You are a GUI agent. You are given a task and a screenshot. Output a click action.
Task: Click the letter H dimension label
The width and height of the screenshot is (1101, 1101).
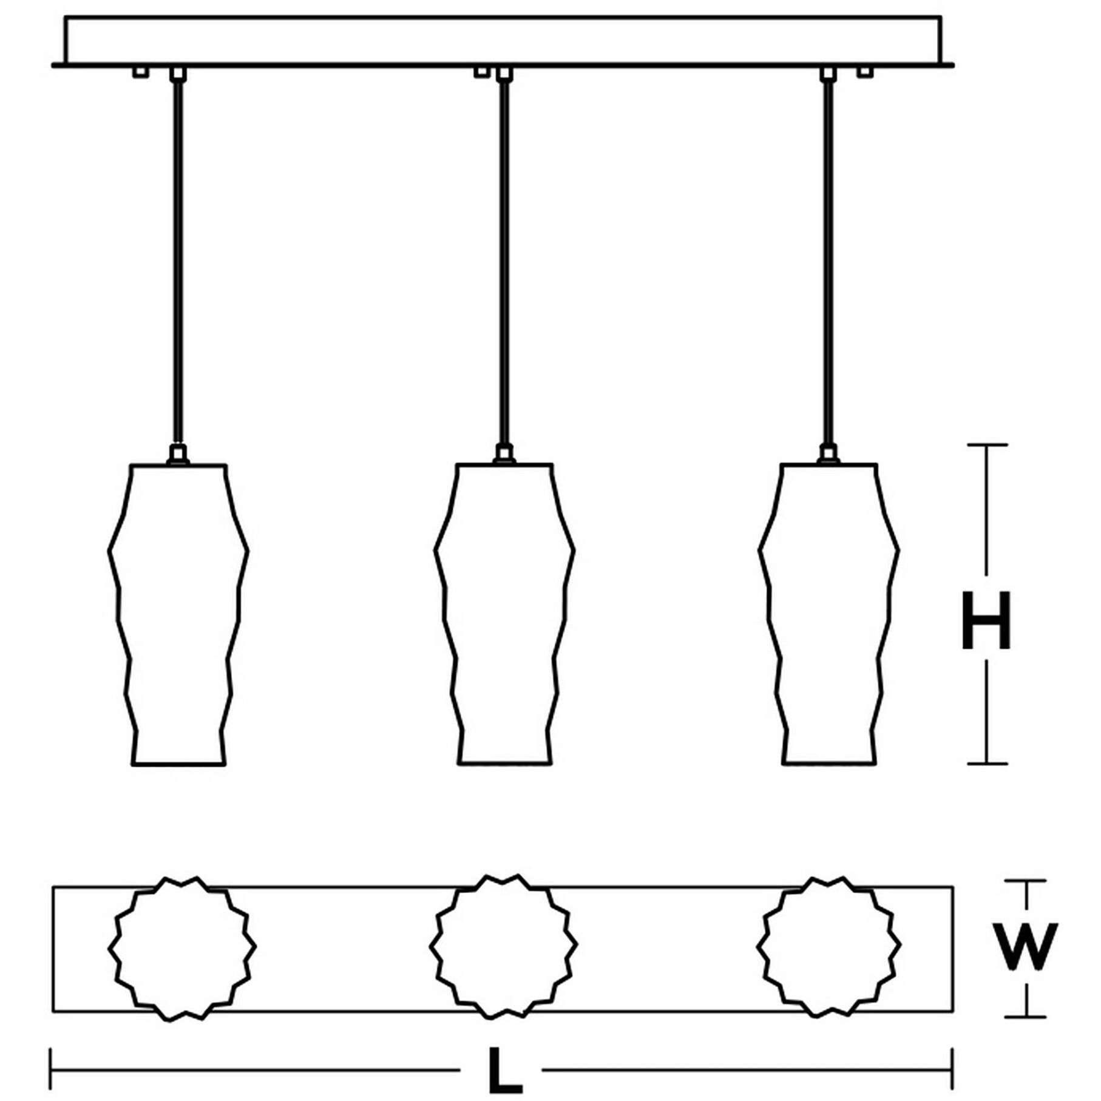click(x=986, y=620)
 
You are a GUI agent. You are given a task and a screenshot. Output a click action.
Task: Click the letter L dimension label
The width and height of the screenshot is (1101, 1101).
click(x=505, y=1070)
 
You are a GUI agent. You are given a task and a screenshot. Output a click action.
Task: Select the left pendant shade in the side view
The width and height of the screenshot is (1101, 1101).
click(x=178, y=613)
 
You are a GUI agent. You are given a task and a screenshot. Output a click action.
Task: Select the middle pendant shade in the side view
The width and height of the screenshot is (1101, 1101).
click(x=504, y=613)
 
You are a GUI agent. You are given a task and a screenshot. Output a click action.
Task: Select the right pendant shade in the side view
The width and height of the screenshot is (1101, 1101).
click(x=829, y=613)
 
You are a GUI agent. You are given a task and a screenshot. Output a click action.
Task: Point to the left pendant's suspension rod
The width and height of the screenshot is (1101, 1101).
click(x=178, y=261)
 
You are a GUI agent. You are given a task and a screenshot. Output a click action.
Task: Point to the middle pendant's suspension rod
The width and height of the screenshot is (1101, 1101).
click(x=504, y=261)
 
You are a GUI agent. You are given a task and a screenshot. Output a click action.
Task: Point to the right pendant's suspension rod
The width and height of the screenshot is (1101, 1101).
click(x=828, y=261)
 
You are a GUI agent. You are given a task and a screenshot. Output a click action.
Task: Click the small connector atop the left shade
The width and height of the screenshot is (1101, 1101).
click(x=178, y=455)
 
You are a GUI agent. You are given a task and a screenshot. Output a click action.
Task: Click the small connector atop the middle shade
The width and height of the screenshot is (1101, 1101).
click(x=504, y=454)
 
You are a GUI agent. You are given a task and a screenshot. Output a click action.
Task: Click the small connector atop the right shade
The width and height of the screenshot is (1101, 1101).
click(x=828, y=454)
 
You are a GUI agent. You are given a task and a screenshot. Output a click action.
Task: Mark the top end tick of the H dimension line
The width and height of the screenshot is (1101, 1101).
click(x=987, y=445)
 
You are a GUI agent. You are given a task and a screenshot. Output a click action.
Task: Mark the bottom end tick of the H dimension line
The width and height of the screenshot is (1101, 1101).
click(x=987, y=763)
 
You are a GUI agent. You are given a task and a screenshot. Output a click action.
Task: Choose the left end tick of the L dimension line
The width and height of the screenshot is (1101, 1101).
click(x=51, y=1069)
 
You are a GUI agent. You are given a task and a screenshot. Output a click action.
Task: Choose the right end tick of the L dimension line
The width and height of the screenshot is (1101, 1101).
click(x=952, y=1069)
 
